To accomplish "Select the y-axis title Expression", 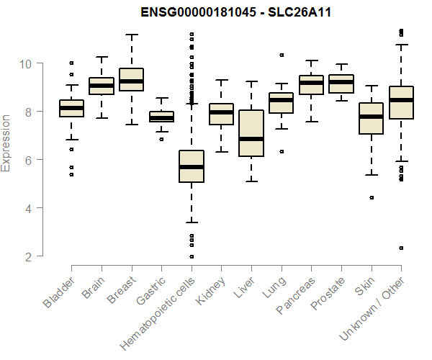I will pyautogui.click(x=6, y=143).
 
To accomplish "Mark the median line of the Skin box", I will pyautogui.click(x=372, y=116).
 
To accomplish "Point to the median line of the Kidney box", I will pyautogui.click(x=222, y=112).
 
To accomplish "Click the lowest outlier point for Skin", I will pyautogui.click(x=372, y=197).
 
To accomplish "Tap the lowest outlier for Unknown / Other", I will pyautogui.click(x=401, y=248).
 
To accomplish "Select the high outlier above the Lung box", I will pyautogui.click(x=282, y=55).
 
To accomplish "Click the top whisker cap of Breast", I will pyautogui.click(x=132, y=34).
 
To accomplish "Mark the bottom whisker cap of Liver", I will pyautogui.click(x=251, y=181).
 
